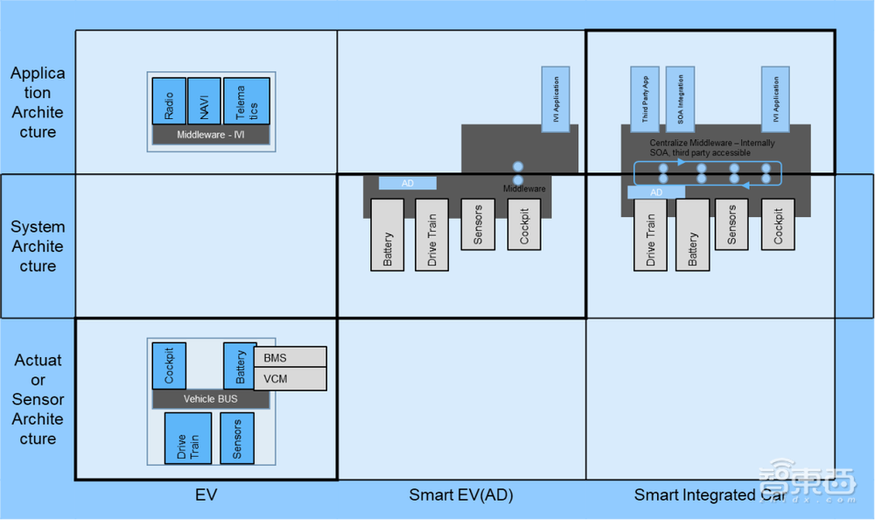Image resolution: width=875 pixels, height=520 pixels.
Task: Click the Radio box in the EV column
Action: (x=169, y=101)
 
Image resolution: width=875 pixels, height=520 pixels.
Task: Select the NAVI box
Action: (x=204, y=101)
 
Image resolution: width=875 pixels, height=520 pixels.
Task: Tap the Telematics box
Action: (x=246, y=101)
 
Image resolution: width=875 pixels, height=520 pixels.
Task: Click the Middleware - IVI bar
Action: (x=211, y=135)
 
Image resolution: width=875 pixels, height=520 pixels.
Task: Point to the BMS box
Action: (x=290, y=357)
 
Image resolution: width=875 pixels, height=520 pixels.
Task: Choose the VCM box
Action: (x=290, y=379)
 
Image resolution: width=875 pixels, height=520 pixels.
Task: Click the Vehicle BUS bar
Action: (x=210, y=399)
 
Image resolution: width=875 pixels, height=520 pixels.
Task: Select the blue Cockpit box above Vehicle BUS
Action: (x=169, y=366)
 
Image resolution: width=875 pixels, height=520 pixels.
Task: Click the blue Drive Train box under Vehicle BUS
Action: (x=188, y=438)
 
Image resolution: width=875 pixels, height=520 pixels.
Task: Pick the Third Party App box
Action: (x=645, y=98)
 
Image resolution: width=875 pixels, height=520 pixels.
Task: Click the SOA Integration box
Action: (x=680, y=98)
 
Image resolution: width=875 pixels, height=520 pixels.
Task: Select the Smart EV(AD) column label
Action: (x=461, y=495)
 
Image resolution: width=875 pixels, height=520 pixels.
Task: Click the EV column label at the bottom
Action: (x=206, y=495)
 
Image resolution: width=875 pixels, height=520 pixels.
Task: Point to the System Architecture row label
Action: (x=38, y=246)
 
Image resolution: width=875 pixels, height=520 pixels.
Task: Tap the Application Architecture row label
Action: (x=38, y=102)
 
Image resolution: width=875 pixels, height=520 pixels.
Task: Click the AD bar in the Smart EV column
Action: (x=407, y=184)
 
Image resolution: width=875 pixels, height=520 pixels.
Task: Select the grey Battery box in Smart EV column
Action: (x=388, y=235)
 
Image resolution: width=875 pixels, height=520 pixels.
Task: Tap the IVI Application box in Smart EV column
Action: (x=556, y=98)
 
